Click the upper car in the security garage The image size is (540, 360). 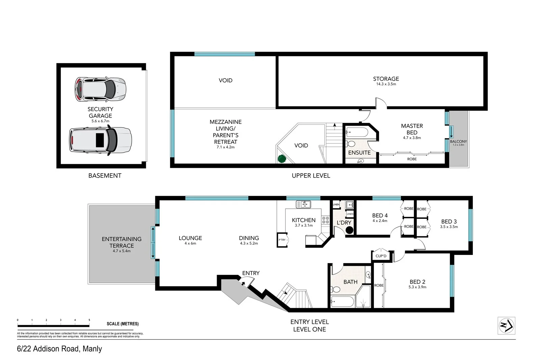click(x=100, y=89)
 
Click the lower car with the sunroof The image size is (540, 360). click(x=100, y=140)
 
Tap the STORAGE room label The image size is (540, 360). click(x=386, y=79)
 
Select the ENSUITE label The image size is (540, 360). click(x=359, y=153)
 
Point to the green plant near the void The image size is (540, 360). click(x=281, y=158)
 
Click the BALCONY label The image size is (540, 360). click(x=458, y=142)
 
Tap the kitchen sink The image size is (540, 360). click(x=303, y=204)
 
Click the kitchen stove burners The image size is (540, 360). click(x=325, y=220)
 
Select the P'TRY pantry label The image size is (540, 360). click(x=282, y=240)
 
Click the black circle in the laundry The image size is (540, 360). click(x=349, y=230)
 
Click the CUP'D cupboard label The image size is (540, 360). click(x=381, y=256)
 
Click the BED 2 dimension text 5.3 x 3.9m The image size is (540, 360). click(x=417, y=287)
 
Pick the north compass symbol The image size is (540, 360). click(x=506, y=326)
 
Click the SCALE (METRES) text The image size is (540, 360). click(x=123, y=324)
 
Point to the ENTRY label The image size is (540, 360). click(x=251, y=273)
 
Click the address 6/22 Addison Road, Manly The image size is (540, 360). click(x=59, y=349)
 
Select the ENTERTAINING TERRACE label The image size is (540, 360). click(x=122, y=242)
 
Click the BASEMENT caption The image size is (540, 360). click(x=105, y=176)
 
